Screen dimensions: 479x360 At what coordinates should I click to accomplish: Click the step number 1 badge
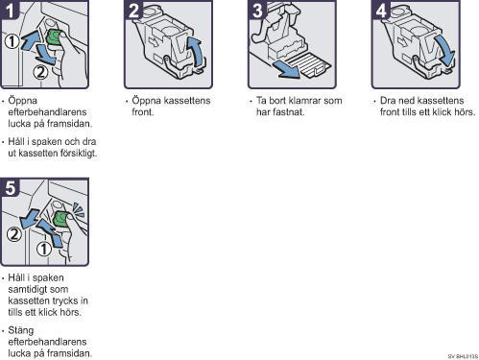[9, 10]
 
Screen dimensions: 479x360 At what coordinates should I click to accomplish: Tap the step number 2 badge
[133, 10]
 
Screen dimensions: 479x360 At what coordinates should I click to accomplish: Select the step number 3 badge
[257, 10]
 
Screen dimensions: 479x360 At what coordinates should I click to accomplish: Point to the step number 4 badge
[381, 10]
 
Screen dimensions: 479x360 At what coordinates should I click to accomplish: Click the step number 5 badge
[10, 187]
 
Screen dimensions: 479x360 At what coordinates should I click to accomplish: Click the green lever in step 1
[54, 37]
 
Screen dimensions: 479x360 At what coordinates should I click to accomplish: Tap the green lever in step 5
[61, 218]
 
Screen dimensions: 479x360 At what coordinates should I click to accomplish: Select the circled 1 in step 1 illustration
[12, 41]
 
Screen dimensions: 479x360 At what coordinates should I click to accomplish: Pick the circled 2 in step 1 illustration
[40, 72]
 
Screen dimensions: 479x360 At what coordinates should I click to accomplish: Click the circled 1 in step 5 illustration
[44, 249]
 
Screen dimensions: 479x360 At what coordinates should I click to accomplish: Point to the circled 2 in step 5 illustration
[14, 234]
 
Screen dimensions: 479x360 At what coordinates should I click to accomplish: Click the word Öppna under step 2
[146, 101]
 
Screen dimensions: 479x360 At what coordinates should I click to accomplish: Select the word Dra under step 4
[388, 101]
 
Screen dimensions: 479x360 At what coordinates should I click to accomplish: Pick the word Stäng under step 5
[21, 330]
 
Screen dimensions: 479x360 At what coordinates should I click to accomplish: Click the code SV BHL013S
[463, 356]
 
